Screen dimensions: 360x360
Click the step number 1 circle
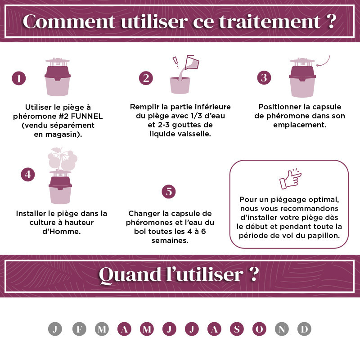coord(18,78)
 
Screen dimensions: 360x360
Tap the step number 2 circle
coord(146,78)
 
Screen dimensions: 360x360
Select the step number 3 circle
coord(264,77)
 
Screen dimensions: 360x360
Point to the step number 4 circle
coord(28,175)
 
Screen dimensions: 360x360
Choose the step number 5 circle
coord(169,192)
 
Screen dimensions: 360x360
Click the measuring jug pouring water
coord(192,62)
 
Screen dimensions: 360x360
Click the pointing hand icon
coord(290,179)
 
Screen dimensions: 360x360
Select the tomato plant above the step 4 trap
coord(63,159)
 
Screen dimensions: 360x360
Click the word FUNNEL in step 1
coord(87,116)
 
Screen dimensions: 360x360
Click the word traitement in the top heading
coord(270,22)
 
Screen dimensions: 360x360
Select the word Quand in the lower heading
coord(130,274)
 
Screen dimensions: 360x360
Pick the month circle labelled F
coord(79,329)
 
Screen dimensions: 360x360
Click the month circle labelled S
coord(237,329)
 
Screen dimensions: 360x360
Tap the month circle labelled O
coord(259,329)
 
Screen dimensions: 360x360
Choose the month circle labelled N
coord(282,329)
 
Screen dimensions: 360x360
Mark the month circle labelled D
coord(304,329)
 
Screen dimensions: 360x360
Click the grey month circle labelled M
coord(102,329)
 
